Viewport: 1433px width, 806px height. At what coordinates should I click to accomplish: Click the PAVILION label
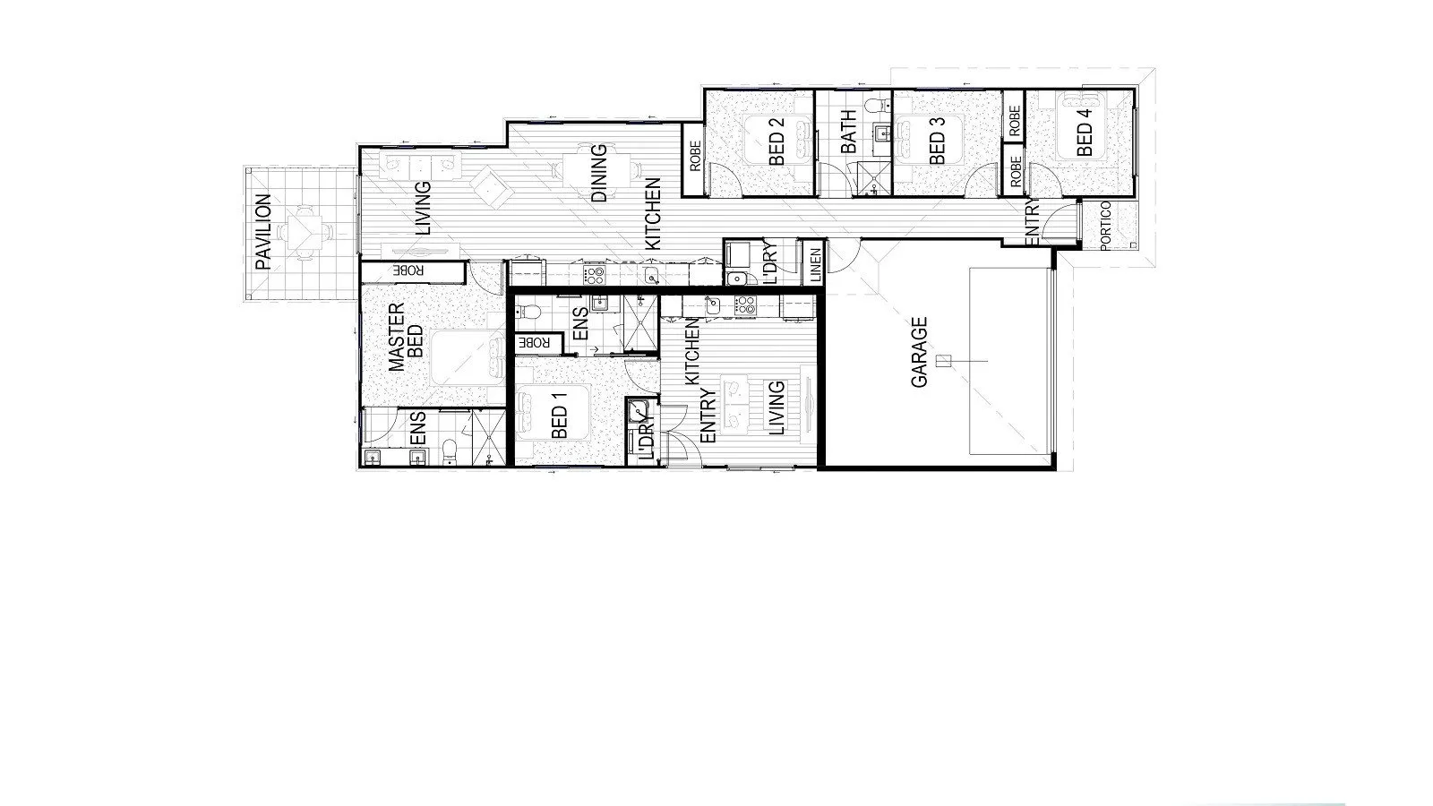point(262,232)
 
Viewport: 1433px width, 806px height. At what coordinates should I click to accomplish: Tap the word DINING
point(599,173)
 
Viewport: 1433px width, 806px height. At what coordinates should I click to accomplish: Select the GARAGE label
point(919,352)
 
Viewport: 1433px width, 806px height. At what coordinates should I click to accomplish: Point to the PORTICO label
point(1105,225)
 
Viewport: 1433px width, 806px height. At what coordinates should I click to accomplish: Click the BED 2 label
point(776,141)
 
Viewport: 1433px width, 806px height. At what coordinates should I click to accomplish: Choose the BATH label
point(848,131)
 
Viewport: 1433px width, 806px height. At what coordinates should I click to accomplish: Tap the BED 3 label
point(938,141)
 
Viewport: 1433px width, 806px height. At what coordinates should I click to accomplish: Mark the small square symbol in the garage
point(941,361)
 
